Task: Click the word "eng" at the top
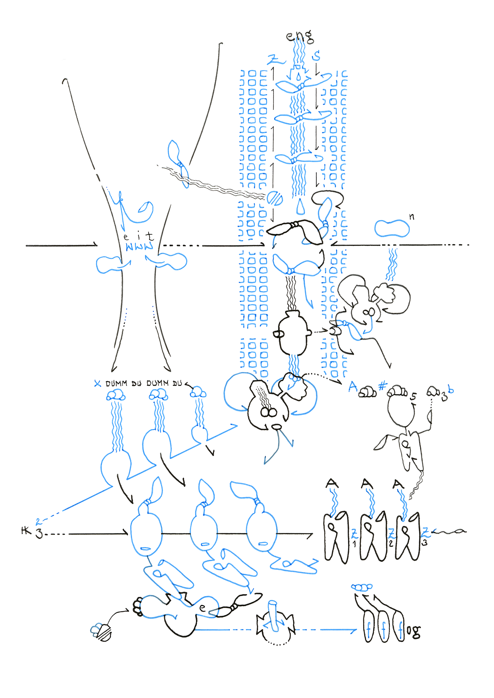click(299, 36)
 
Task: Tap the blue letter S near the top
click(317, 55)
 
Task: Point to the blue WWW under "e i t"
click(139, 247)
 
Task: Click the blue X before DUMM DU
click(98, 384)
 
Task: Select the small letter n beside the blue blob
click(412, 217)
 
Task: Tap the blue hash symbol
click(383, 386)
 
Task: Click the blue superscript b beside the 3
click(451, 390)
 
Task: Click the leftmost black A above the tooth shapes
click(332, 483)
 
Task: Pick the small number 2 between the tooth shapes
click(391, 543)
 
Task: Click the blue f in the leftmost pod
click(369, 630)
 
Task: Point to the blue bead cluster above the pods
click(362, 587)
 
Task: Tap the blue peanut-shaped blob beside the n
click(392, 229)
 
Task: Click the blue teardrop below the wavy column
click(300, 207)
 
